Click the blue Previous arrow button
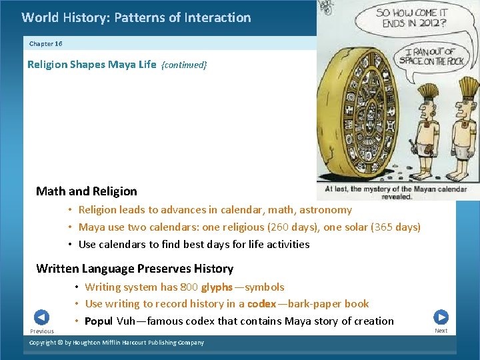(x=41, y=317)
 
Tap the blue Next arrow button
(x=441, y=317)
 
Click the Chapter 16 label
(x=46, y=44)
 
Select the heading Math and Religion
(x=87, y=191)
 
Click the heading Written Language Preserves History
(x=135, y=269)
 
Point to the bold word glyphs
(x=217, y=287)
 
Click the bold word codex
(x=261, y=304)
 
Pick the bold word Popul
(x=99, y=321)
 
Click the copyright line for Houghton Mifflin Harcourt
(x=117, y=343)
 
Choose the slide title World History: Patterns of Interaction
(x=136, y=18)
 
